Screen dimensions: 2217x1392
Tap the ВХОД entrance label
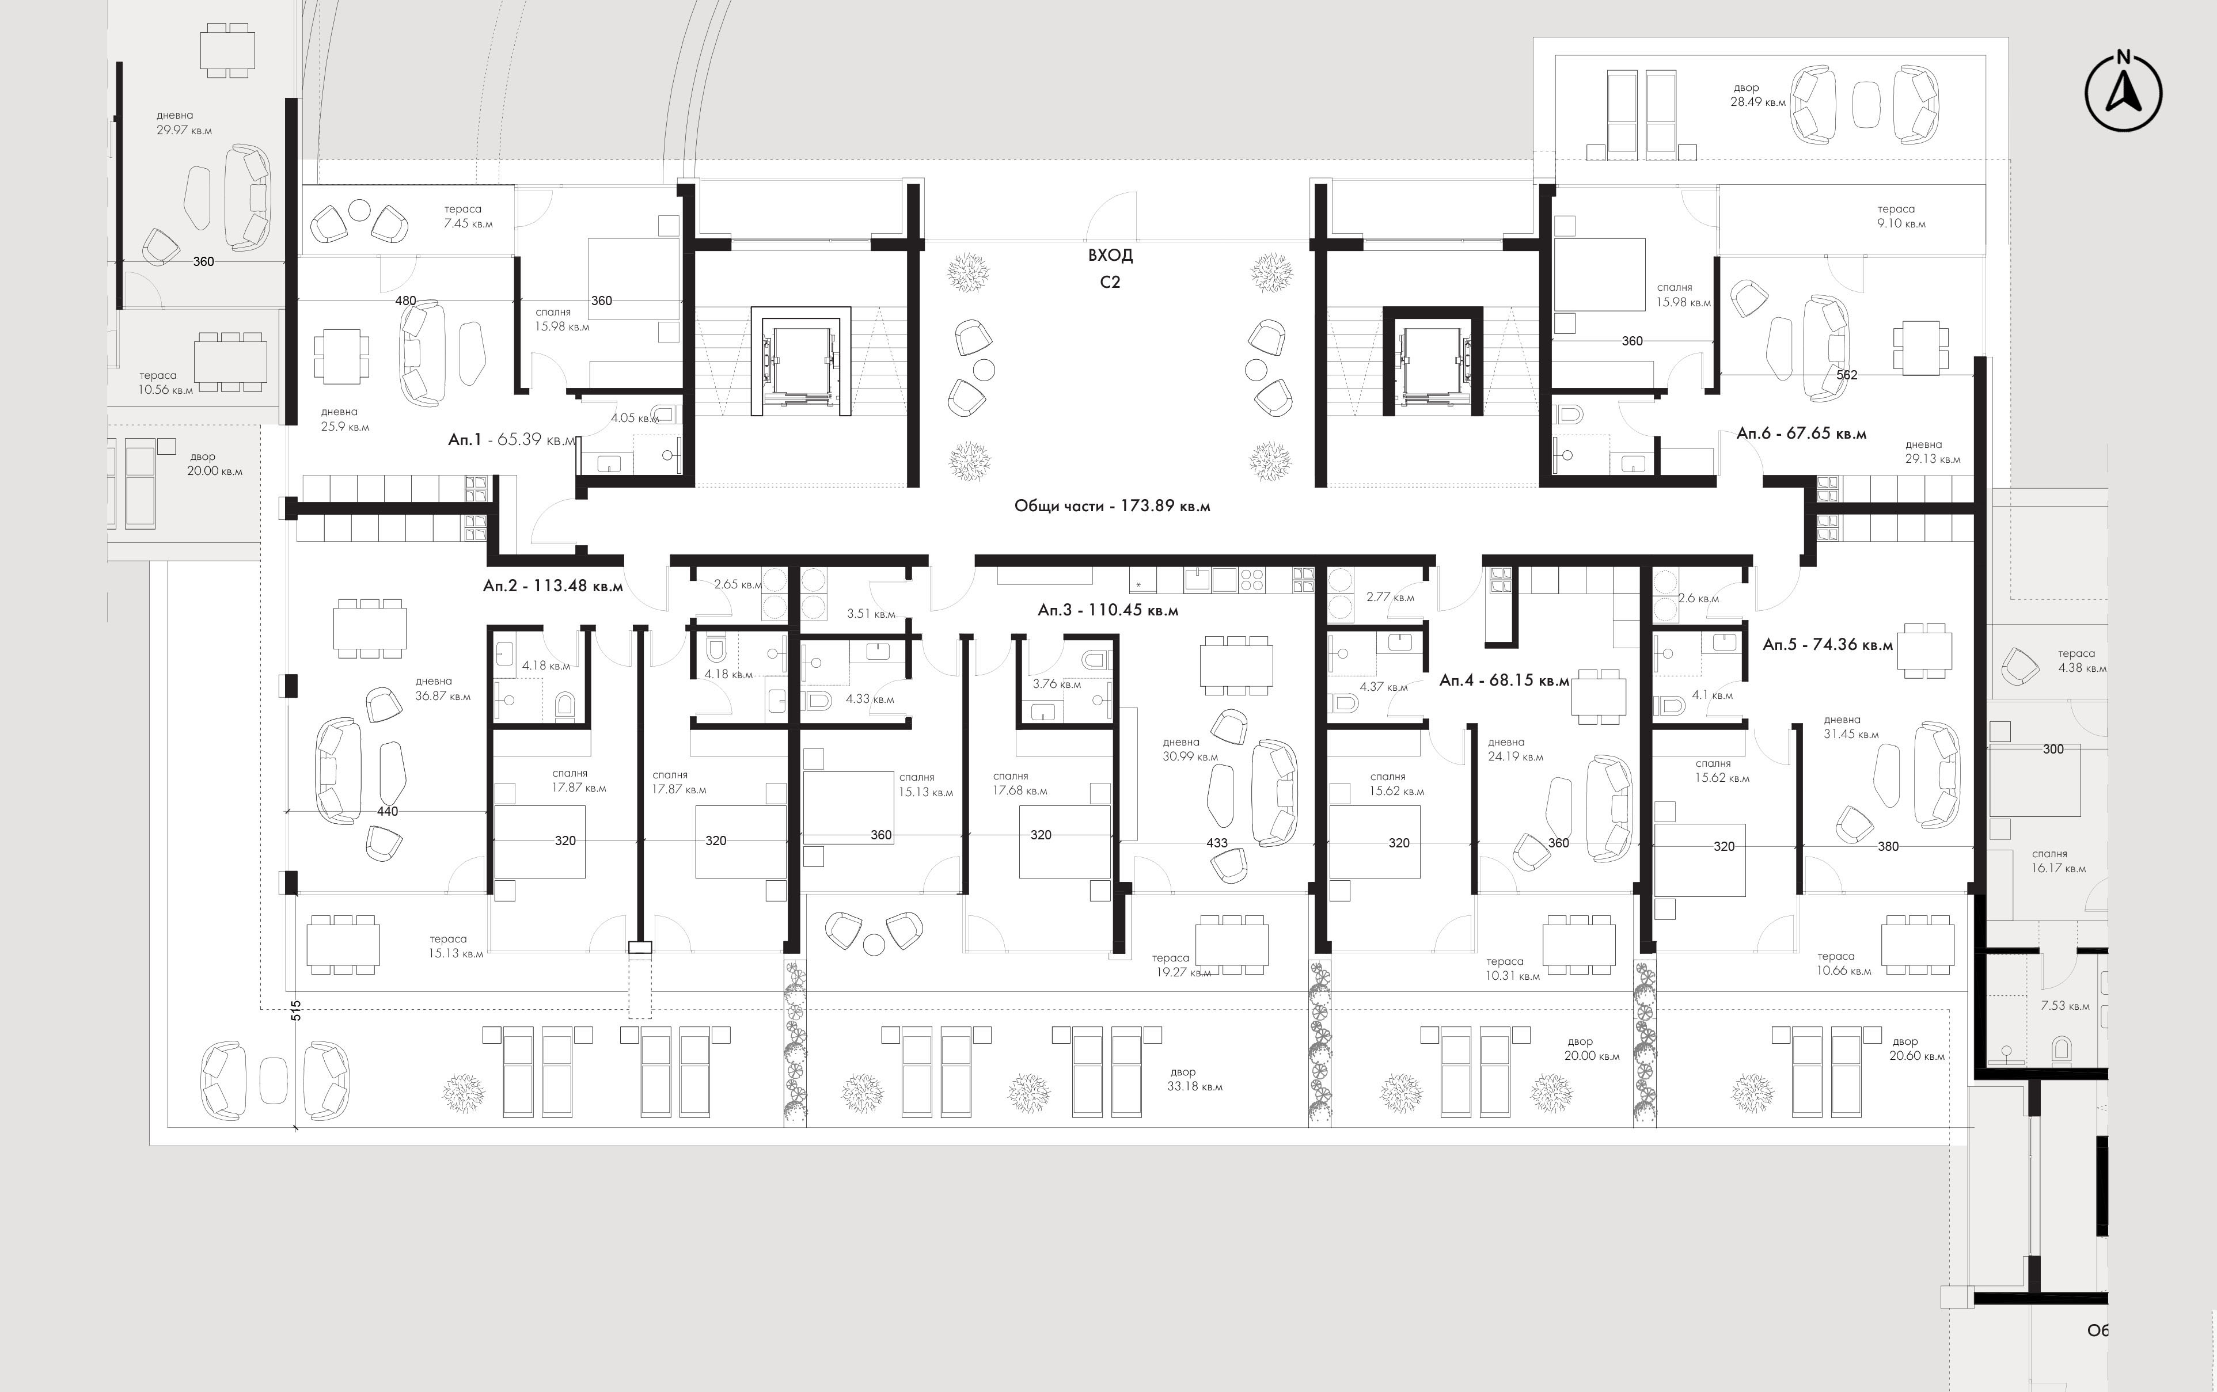coord(1110,255)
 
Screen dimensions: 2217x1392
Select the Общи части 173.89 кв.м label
coord(1112,505)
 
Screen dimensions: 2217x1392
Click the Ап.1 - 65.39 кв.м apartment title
coord(512,440)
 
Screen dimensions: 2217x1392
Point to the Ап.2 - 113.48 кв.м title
coord(552,585)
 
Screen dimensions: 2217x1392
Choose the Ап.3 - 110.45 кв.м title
coord(1107,610)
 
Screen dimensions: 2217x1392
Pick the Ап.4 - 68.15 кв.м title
coord(1504,680)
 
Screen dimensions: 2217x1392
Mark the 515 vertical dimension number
coord(295,1011)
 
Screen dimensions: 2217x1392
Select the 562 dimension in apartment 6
coord(1847,375)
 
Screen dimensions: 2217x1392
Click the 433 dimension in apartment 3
coord(1217,842)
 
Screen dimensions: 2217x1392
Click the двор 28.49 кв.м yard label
coord(1757,95)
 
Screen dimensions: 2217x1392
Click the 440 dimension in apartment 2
coord(388,811)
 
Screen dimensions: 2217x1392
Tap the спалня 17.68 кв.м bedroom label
coord(1019,784)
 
